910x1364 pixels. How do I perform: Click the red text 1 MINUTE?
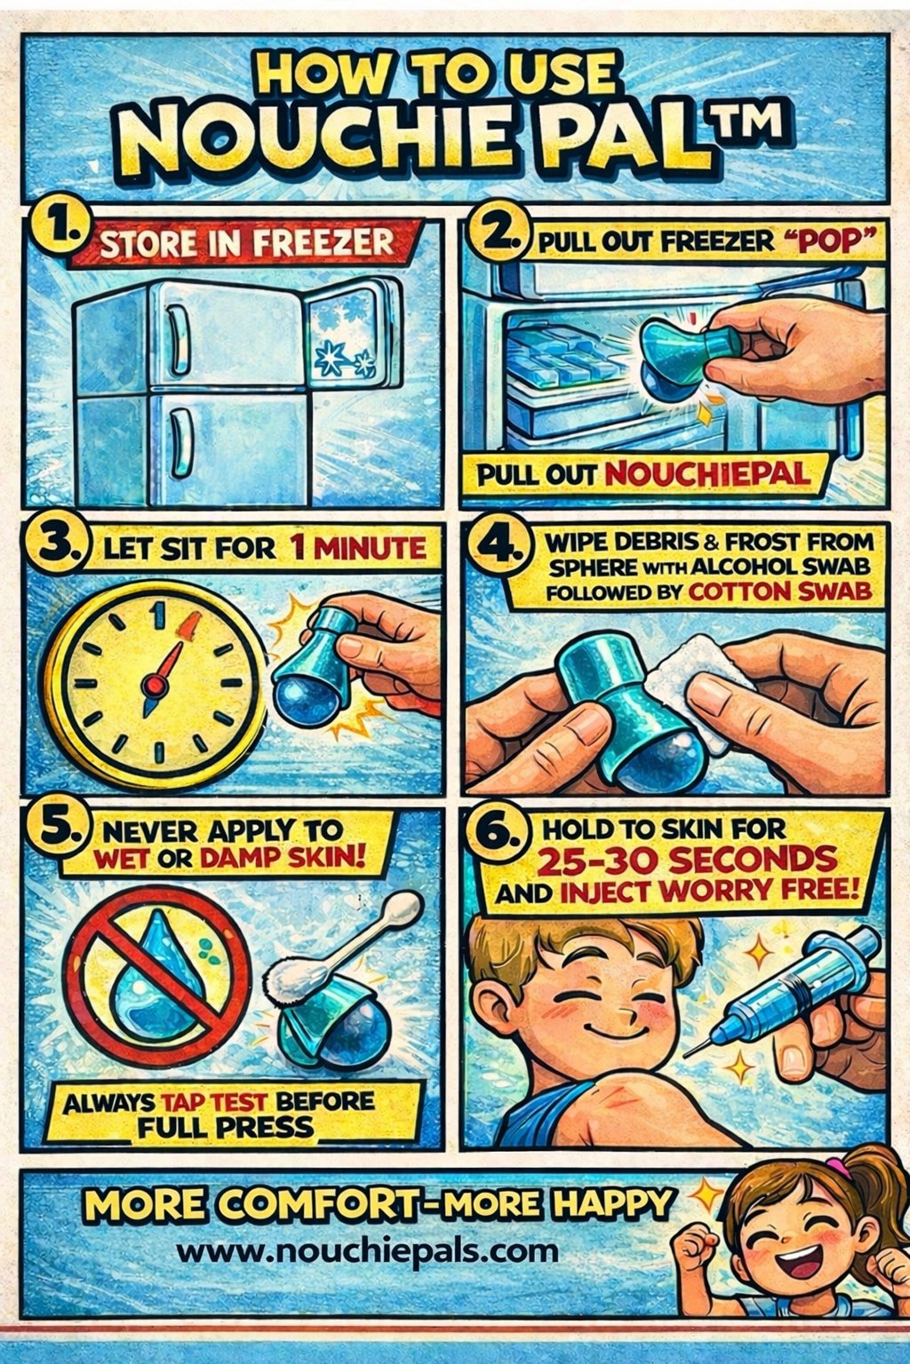click(x=358, y=548)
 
